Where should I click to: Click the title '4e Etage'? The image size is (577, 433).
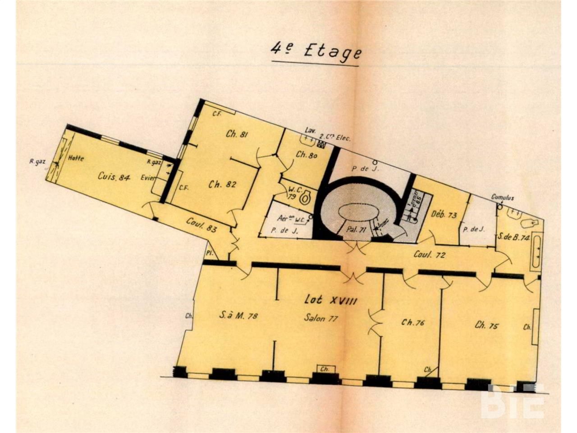pos(316,51)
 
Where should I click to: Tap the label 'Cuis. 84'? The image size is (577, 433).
pos(114,177)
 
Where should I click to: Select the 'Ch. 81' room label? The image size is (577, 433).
pos(238,134)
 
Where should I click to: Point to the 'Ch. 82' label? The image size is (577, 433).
pos(222,184)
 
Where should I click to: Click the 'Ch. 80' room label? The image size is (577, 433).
pos(307,154)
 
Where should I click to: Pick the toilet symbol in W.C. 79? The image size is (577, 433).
pos(306,197)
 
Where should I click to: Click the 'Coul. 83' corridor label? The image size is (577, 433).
pos(201,225)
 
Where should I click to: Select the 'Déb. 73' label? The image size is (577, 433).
pos(444,215)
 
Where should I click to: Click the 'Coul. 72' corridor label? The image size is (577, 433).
pos(429,255)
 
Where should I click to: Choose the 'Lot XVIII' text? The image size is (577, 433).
pos(330,300)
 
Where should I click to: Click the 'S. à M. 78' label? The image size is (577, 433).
pos(238,316)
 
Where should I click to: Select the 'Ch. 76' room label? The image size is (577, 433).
pos(413,322)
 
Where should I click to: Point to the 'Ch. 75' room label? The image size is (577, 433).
pos(486,325)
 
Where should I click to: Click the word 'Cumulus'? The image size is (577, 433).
pos(503,198)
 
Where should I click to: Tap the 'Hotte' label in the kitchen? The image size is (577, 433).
pos(76,158)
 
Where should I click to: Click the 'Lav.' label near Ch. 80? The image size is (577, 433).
pos(309,129)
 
